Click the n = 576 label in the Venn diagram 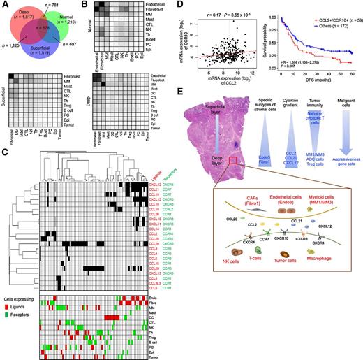(x=43, y=27)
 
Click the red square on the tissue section (x=228, y=162)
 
